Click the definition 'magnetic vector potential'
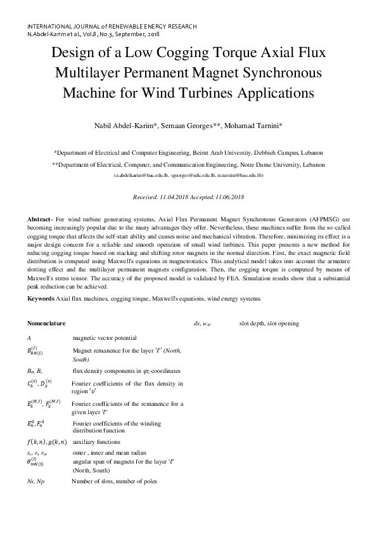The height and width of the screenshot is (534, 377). point(105,338)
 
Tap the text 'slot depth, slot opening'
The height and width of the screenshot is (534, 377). point(269,323)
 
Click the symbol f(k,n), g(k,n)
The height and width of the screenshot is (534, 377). point(48,441)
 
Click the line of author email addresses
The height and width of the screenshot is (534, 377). point(188,174)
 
